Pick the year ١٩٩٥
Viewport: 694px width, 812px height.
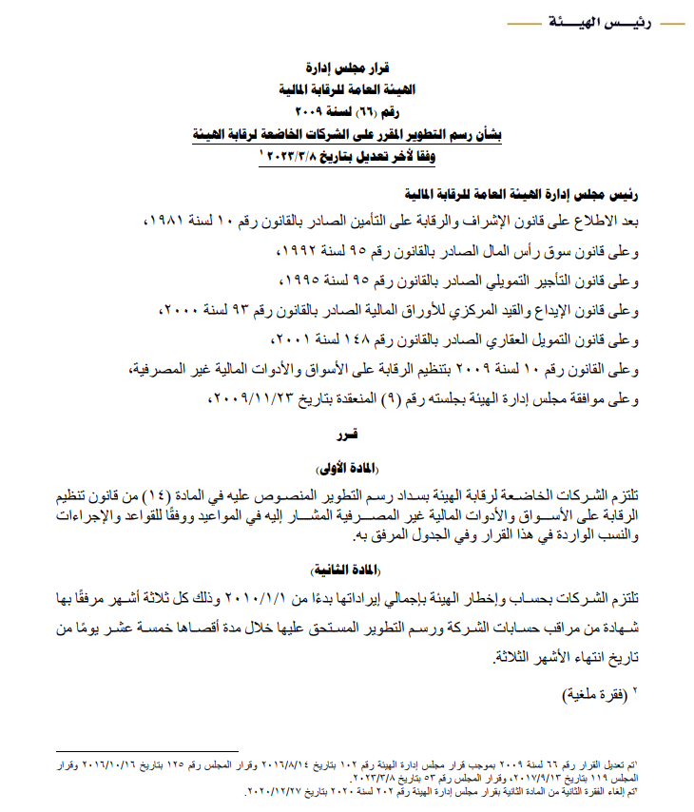(302, 281)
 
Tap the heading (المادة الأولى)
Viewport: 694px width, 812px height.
(344, 467)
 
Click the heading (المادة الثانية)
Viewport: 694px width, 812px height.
(344, 569)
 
